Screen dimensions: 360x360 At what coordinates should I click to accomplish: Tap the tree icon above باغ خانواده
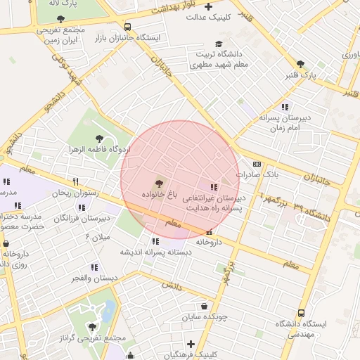click(157, 182)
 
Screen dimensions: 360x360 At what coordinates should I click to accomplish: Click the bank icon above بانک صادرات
click(256, 163)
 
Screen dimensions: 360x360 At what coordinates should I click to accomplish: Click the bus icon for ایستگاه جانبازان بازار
click(127, 27)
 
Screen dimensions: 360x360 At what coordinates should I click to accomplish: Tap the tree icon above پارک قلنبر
click(301, 63)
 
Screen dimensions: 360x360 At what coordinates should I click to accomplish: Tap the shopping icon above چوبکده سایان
click(204, 307)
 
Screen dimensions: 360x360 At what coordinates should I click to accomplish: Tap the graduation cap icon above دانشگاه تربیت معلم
click(219, 44)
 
